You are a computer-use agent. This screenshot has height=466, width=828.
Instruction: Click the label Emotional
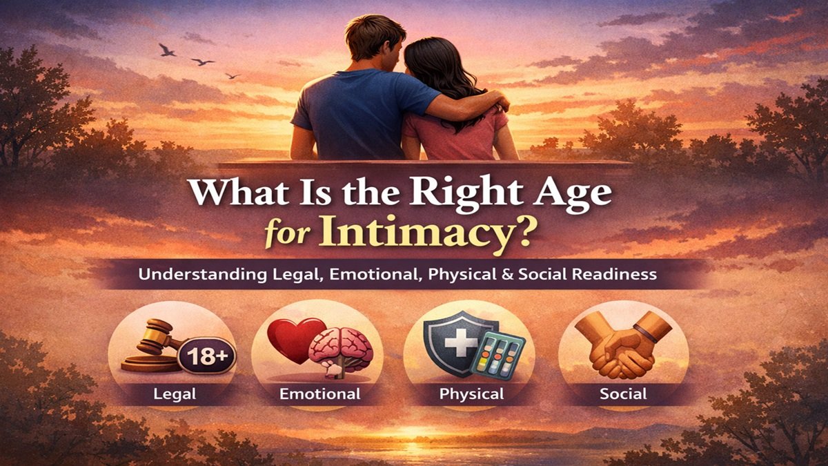pos(319,395)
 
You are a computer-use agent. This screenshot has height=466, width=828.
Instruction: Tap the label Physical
pos(471,395)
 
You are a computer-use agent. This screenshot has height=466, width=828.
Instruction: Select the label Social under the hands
pos(623,394)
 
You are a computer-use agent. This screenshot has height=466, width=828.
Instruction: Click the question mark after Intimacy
pos(526,234)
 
